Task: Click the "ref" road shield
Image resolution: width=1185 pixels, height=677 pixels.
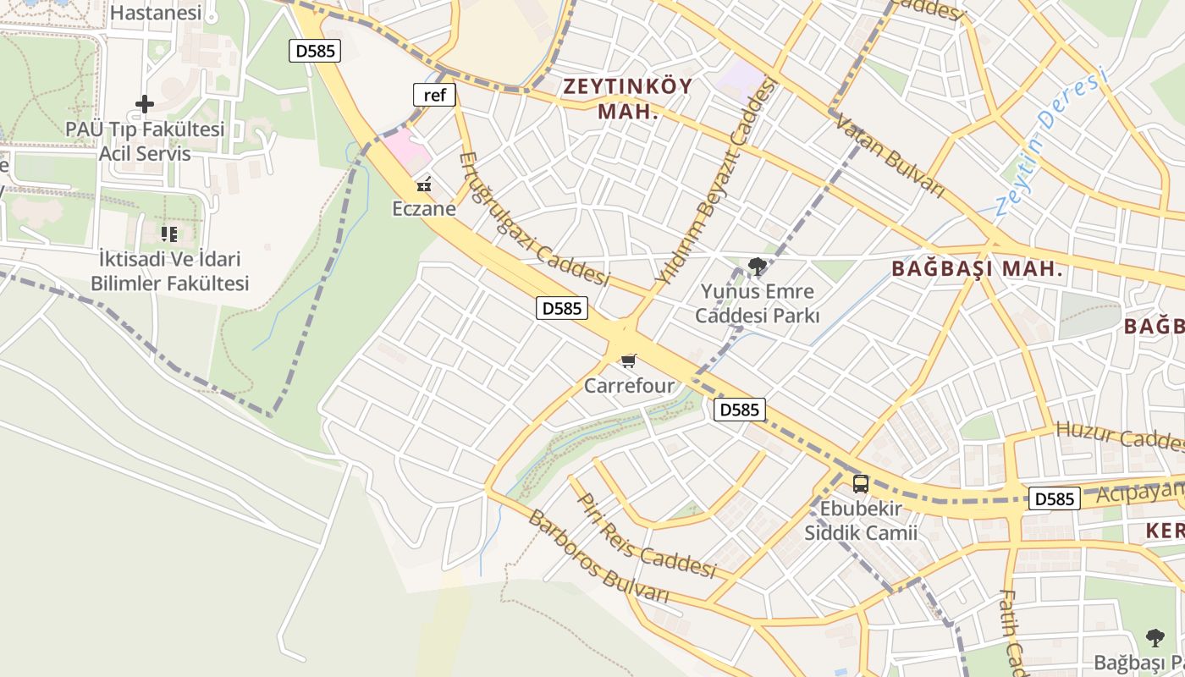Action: click(x=434, y=95)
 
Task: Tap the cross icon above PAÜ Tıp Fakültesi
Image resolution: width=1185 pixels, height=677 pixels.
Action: click(x=145, y=104)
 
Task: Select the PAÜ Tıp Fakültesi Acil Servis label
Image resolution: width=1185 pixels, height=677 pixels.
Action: click(x=145, y=142)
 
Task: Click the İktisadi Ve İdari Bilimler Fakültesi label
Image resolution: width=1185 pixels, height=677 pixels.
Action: click(x=170, y=271)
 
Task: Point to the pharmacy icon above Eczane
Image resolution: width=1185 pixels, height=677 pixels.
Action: click(x=424, y=184)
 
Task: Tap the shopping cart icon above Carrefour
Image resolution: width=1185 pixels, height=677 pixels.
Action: click(x=628, y=361)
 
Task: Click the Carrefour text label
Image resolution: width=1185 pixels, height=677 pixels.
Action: click(x=629, y=386)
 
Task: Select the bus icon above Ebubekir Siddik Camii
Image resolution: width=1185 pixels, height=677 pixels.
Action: click(x=861, y=484)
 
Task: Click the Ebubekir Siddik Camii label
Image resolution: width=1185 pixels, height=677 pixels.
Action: click(x=861, y=521)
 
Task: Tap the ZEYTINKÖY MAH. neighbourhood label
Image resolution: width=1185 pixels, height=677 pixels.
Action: click(x=628, y=98)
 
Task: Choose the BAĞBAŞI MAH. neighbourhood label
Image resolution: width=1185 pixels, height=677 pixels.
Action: click(x=977, y=270)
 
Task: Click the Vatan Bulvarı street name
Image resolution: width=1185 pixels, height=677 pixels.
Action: click(x=889, y=157)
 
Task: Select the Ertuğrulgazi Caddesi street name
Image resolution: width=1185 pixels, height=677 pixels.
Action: click(x=533, y=218)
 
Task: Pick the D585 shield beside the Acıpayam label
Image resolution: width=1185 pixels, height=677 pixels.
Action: click(x=1054, y=498)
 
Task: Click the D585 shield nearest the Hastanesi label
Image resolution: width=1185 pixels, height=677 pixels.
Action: click(x=315, y=51)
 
